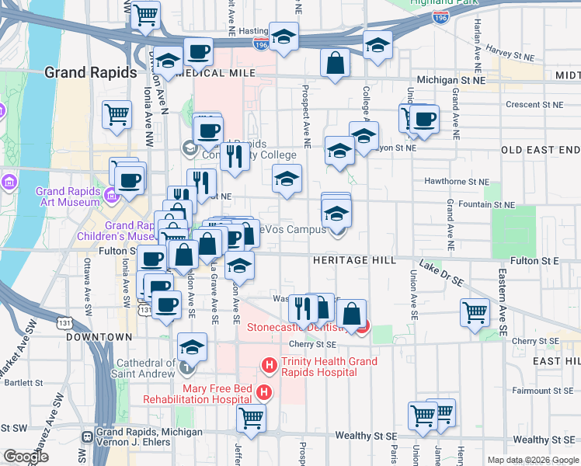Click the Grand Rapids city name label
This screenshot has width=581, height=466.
[91, 72]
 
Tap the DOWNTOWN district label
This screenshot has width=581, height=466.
[95, 337]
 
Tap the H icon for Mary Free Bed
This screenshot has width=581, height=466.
[265, 393]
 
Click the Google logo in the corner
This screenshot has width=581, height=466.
[26, 457]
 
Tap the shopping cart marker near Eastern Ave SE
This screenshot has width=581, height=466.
[475, 312]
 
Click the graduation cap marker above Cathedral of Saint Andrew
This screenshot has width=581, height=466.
[192, 346]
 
